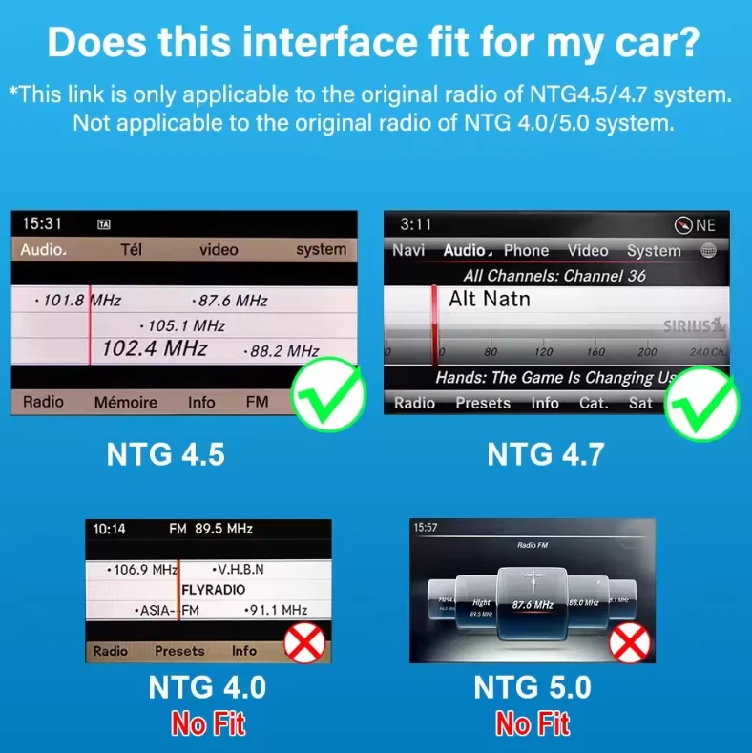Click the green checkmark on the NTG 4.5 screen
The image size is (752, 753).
click(x=329, y=396)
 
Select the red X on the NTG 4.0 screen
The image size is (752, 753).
click(x=305, y=643)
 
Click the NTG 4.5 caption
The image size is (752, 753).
click(x=166, y=454)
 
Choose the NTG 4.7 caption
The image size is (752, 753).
click(x=545, y=454)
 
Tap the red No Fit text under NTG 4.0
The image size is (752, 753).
click(x=207, y=724)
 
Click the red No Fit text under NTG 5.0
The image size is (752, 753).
click(x=533, y=724)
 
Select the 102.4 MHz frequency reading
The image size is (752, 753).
click(x=154, y=349)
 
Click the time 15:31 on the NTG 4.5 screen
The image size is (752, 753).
click(x=42, y=223)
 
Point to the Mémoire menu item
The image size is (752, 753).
click(x=125, y=402)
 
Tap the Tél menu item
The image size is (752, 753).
click(x=131, y=249)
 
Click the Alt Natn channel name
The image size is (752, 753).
click(x=490, y=299)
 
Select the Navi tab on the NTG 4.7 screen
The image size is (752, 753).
click(x=408, y=250)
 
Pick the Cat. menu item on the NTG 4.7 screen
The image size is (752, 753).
click(x=594, y=403)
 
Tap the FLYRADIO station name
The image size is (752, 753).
click(x=214, y=590)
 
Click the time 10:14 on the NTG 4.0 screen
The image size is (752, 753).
click(x=109, y=528)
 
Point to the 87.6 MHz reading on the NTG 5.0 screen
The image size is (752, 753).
click(x=533, y=604)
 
